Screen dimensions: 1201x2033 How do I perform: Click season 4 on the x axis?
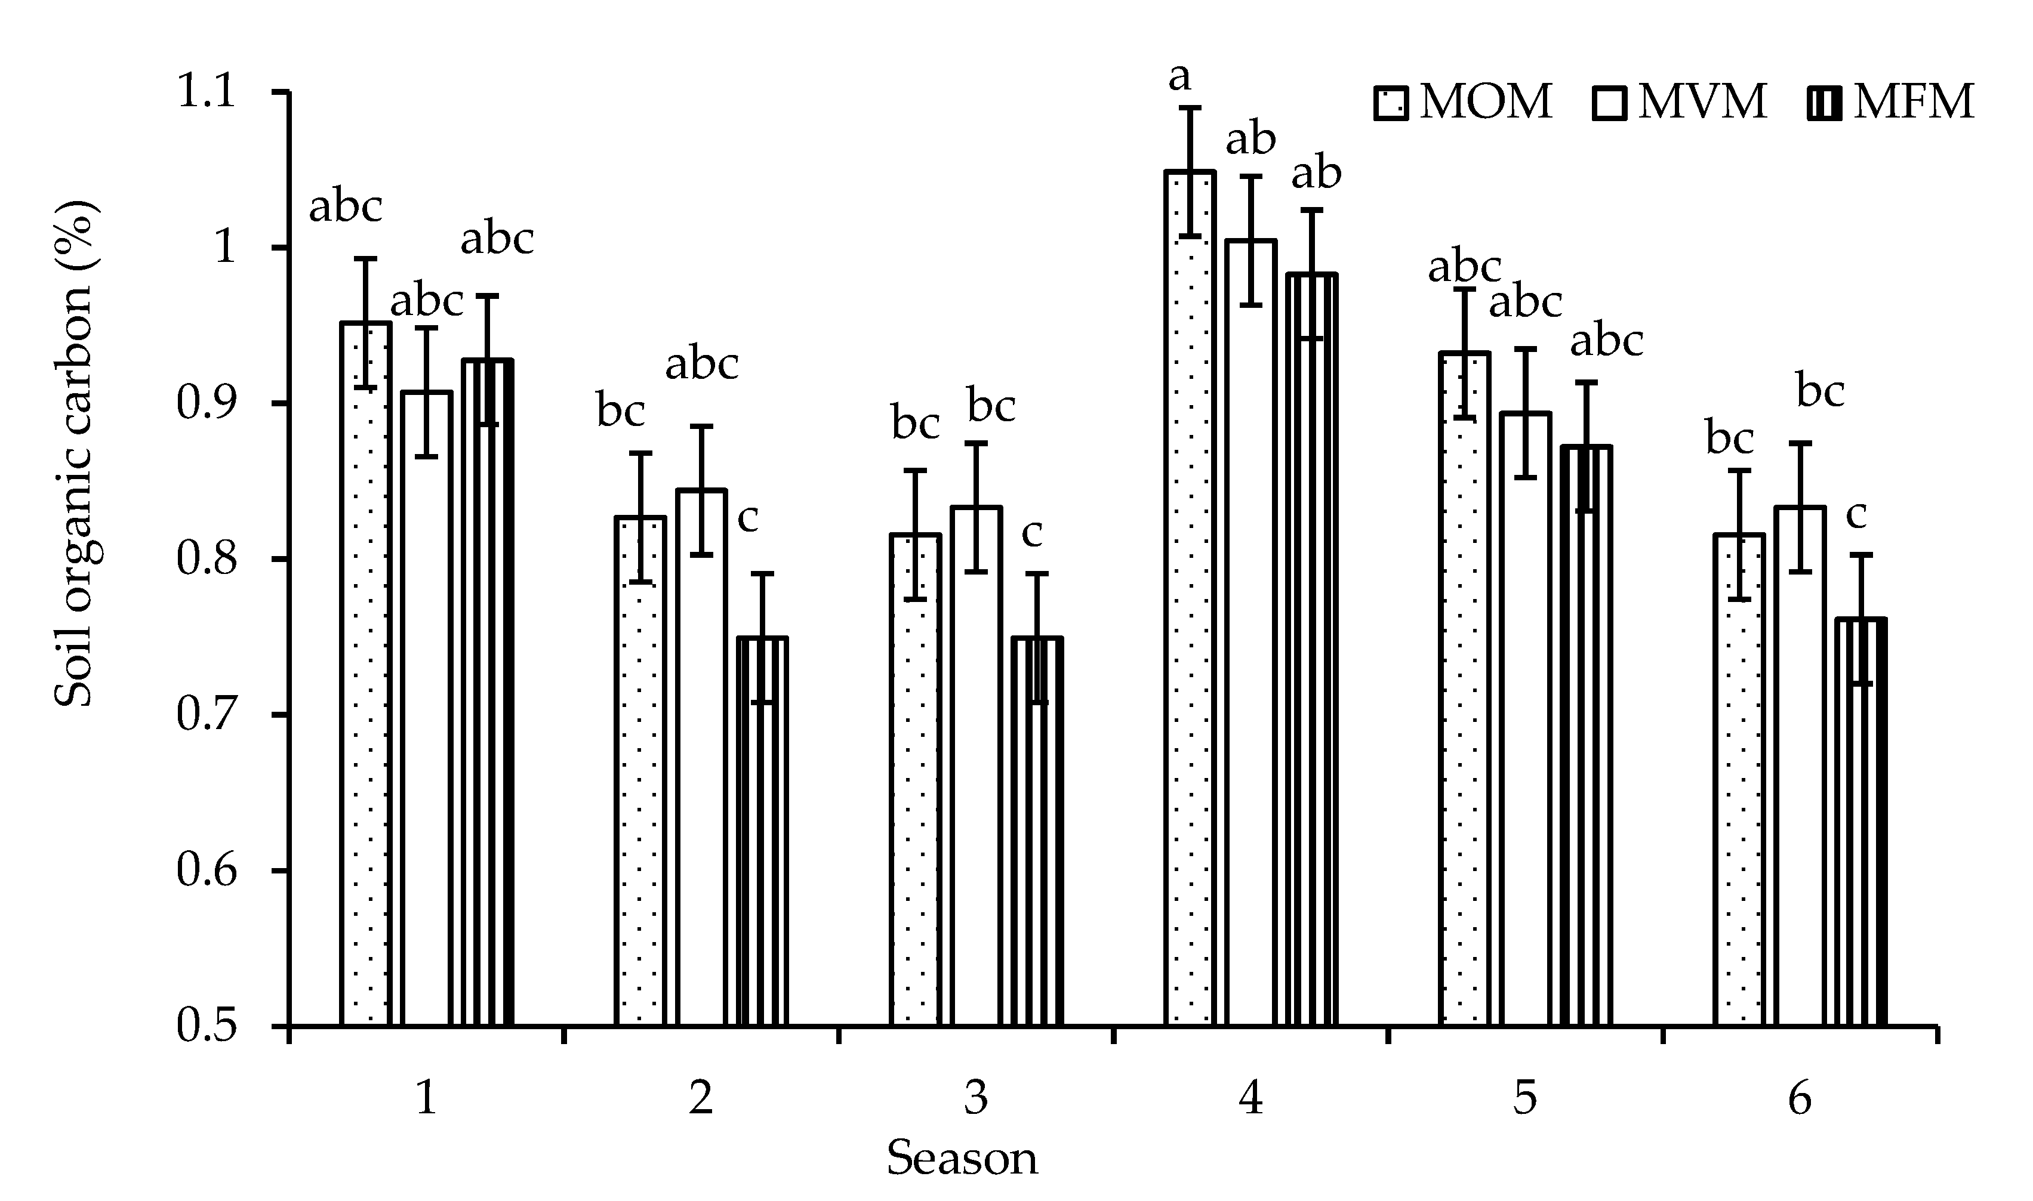[1251, 1099]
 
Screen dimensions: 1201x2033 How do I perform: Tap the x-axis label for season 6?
[1799, 1099]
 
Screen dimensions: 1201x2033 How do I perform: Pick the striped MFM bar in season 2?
[762, 833]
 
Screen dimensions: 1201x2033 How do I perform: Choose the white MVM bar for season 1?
[427, 712]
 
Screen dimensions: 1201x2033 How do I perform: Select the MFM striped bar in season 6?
[1860, 826]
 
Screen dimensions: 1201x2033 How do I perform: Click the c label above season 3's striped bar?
[1032, 533]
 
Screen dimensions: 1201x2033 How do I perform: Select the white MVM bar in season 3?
[977, 769]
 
